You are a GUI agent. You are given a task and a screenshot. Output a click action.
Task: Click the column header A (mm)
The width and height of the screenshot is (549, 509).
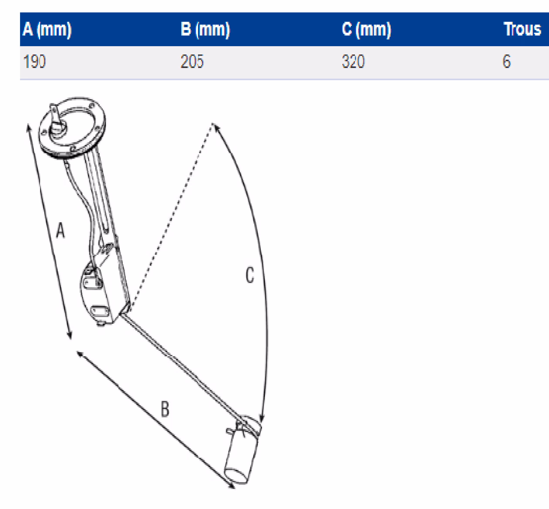point(47,29)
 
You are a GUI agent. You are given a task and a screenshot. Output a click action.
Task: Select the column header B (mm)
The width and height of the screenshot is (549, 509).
point(205,29)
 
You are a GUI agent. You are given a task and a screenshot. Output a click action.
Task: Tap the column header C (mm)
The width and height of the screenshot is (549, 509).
point(366,29)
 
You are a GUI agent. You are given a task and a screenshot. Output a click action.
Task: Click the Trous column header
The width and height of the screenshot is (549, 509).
point(522,29)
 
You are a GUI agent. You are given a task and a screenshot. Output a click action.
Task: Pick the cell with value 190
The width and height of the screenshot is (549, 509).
point(34,61)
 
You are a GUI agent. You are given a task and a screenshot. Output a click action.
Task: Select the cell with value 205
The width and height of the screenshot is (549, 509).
point(192,61)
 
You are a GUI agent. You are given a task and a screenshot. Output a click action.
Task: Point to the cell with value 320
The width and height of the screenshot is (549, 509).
point(353,61)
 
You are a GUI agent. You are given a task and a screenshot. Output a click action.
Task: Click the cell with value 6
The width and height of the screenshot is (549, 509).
point(507,61)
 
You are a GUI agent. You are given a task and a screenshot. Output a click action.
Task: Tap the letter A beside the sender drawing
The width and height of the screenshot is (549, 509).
point(61,230)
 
